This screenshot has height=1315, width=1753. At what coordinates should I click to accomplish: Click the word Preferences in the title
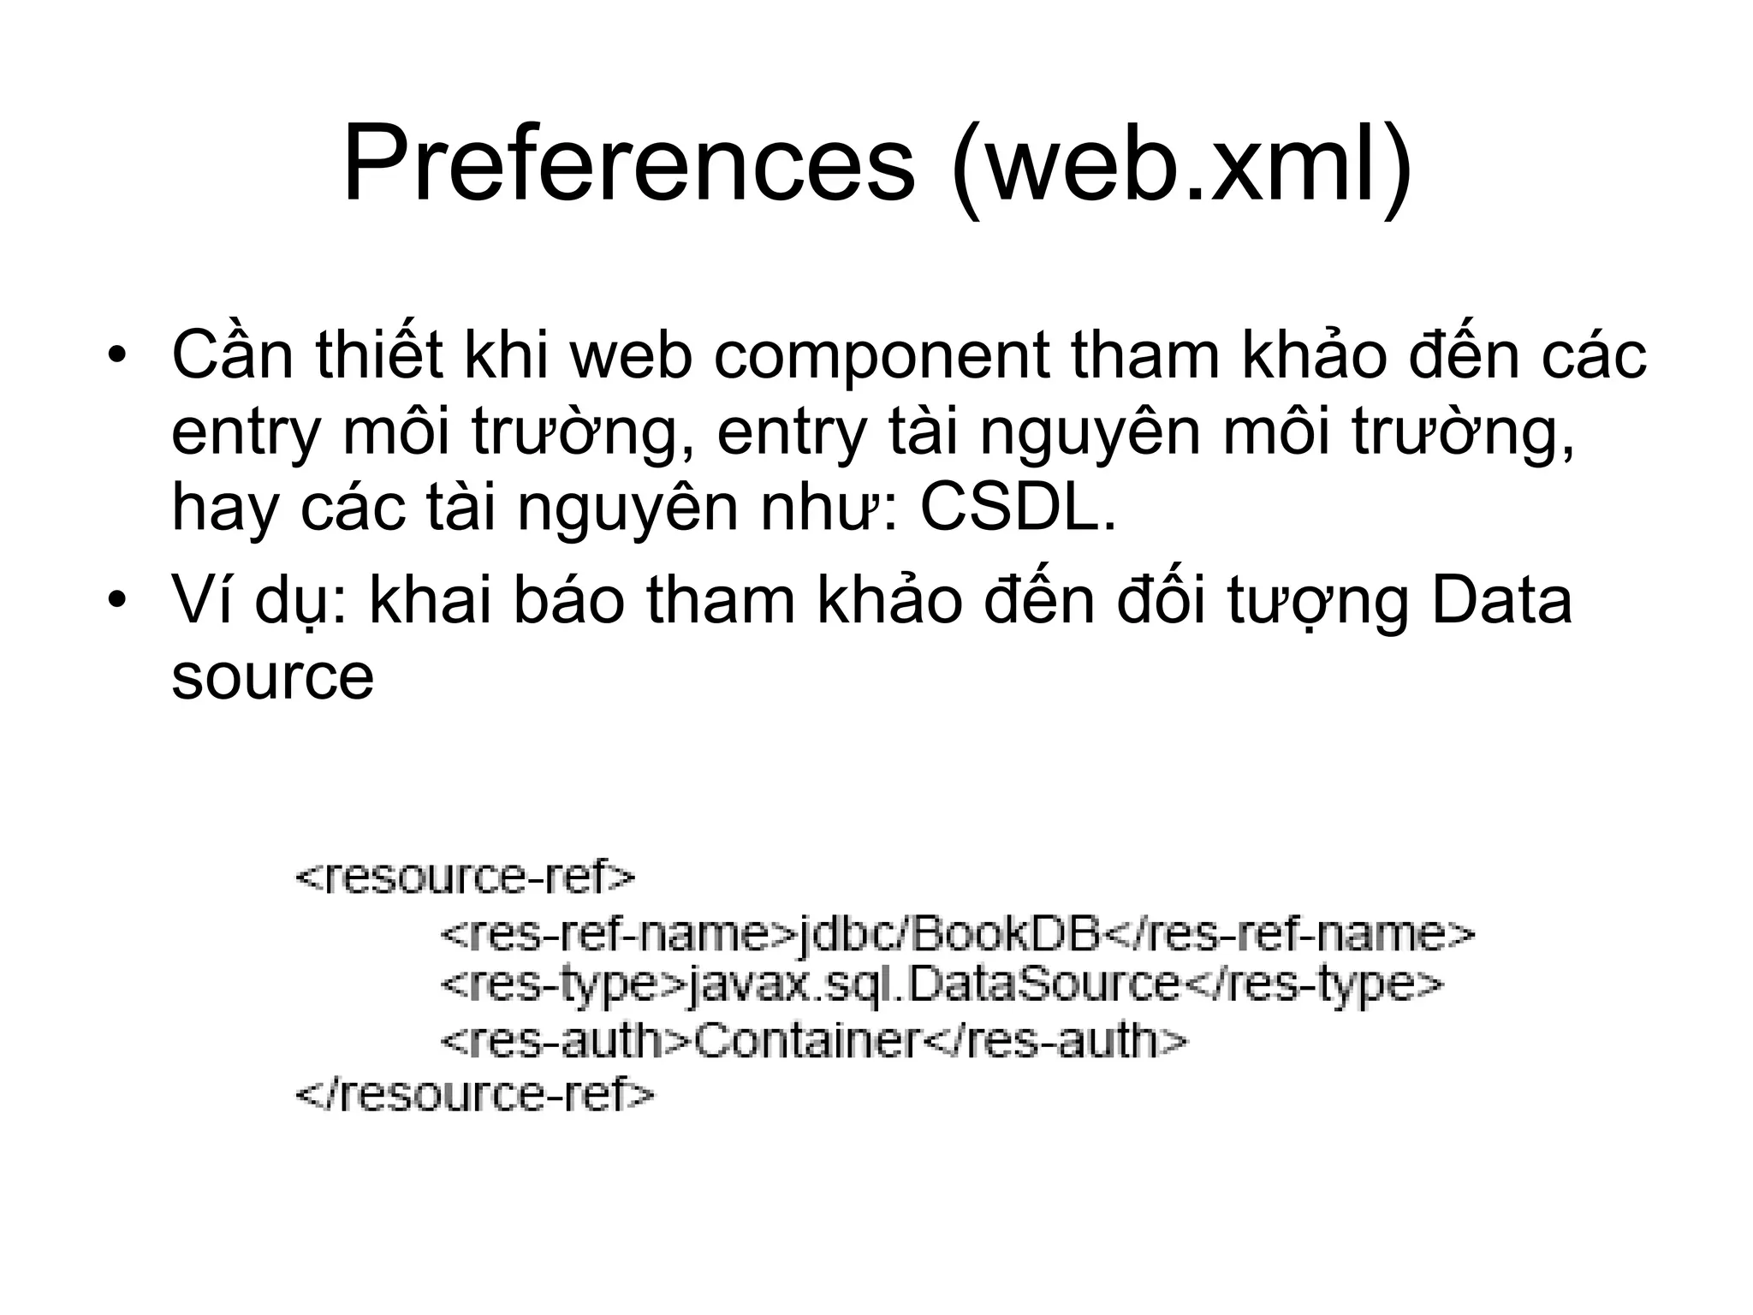click(628, 163)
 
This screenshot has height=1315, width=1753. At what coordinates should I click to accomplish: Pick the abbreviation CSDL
click(1018, 508)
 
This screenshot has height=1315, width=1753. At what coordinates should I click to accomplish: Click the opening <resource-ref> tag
click(466, 878)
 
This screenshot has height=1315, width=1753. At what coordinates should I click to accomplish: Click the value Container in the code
click(805, 1041)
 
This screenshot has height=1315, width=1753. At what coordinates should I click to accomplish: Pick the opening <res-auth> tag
click(565, 1041)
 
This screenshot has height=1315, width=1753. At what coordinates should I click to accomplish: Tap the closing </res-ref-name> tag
click(1289, 933)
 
